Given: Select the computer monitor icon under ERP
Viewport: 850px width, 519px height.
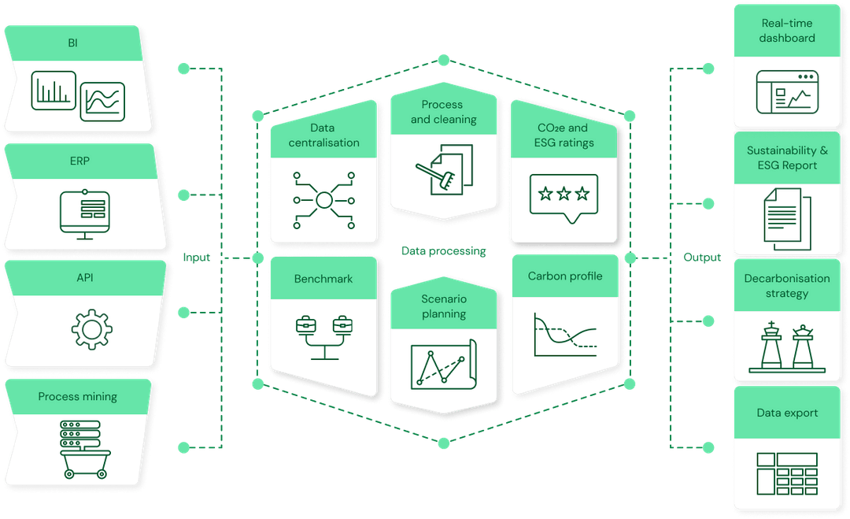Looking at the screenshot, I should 84,213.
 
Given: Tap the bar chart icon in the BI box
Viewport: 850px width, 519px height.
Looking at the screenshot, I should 54,91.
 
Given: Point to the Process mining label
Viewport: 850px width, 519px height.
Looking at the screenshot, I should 77,396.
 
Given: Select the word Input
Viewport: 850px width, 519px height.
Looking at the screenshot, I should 197,258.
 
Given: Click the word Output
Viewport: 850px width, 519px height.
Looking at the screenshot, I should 701,258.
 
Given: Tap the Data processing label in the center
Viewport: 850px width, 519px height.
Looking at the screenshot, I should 444,251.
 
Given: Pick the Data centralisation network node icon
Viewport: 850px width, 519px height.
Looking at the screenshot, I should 323,200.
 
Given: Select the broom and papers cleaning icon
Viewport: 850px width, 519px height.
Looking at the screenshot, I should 443,169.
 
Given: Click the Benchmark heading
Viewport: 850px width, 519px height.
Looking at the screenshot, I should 323,279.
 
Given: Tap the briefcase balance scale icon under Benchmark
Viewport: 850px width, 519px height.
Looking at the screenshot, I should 323,335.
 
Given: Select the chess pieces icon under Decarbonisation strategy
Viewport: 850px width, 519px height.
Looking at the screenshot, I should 787,346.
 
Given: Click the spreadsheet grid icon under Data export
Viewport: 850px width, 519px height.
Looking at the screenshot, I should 787,473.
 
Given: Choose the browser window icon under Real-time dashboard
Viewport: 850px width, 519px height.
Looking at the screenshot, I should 787,92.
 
